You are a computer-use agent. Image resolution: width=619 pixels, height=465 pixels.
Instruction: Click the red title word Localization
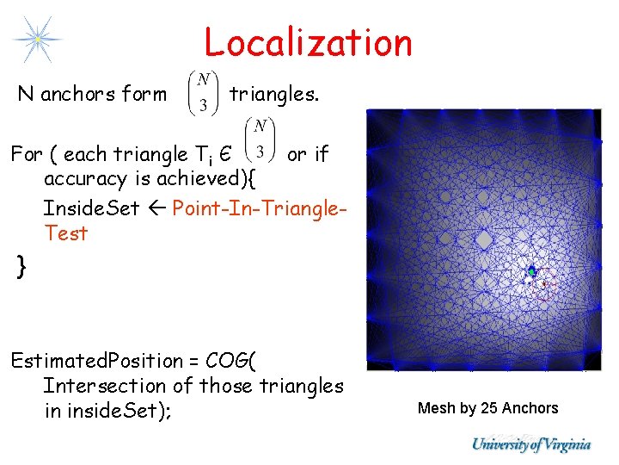point(308,41)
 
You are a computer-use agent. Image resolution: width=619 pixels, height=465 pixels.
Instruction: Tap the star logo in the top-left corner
point(37,39)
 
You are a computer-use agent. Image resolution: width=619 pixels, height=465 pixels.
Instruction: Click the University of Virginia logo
point(530,444)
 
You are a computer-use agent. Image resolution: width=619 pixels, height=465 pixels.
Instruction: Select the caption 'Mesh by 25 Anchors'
point(487,408)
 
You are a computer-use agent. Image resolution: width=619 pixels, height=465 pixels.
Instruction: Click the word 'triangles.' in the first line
point(273,94)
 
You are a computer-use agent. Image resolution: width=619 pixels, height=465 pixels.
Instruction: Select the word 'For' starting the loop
point(26,155)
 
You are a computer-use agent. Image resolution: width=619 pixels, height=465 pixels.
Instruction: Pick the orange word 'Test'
point(65,232)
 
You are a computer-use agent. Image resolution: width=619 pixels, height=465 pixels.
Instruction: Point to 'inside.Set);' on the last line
point(107,412)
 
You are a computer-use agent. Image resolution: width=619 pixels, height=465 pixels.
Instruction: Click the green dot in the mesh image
point(531,272)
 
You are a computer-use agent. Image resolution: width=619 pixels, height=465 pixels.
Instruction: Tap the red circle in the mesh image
point(542,287)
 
